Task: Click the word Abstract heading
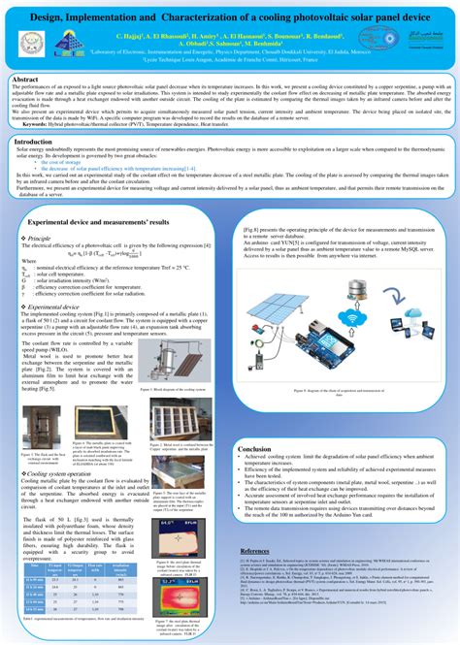click(x=27, y=81)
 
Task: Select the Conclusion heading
click(x=254, y=449)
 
